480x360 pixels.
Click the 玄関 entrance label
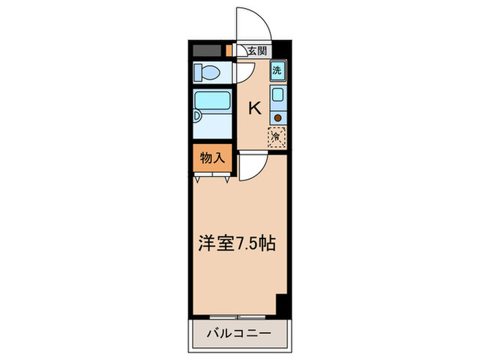coord(257,50)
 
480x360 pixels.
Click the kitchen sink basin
coord(277,95)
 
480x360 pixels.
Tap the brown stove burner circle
coord(277,117)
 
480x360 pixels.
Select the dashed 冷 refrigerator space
coord(276,136)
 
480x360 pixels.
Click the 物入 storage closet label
coord(212,158)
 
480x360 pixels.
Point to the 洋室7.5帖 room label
coord(238,243)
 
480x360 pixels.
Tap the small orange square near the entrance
coord(228,50)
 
